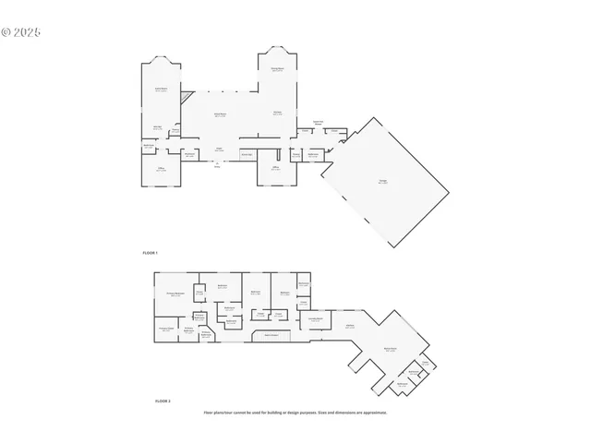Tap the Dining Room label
coord(276,70)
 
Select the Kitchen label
coord(277,114)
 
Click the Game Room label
coord(160,90)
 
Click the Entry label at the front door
coord(218,167)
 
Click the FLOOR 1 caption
coord(151,252)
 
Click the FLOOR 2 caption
coord(163,401)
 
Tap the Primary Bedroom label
coord(175,294)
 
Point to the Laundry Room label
coord(314,319)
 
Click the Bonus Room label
coord(391,350)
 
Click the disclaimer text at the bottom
coord(295,413)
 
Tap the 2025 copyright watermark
coord(21,31)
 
